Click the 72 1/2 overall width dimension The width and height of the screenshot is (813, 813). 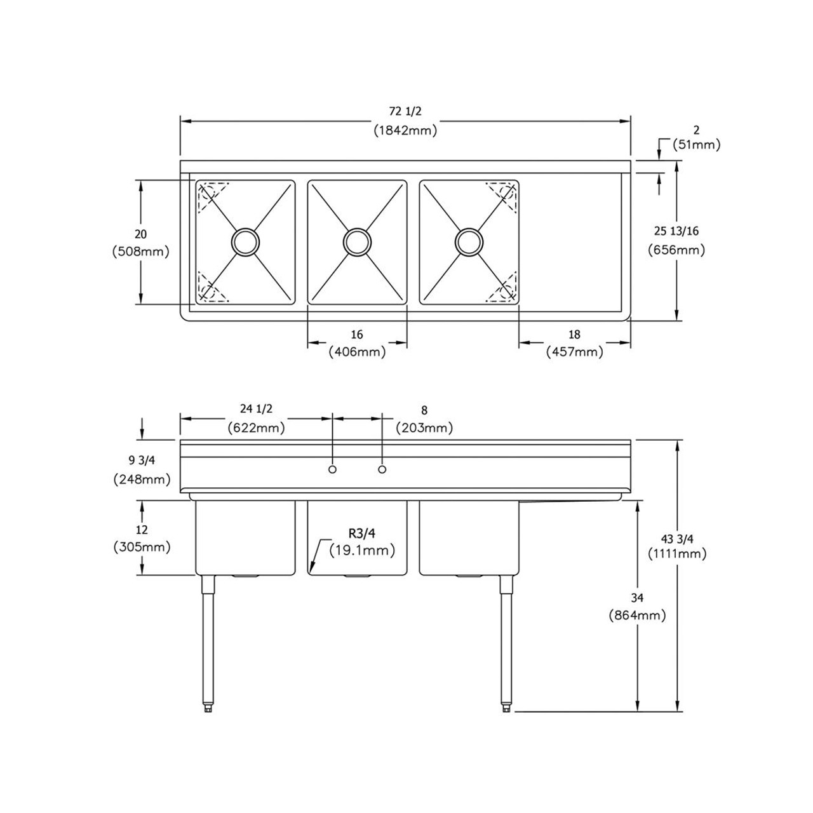click(405, 112)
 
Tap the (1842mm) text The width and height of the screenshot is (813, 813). click(405, 131)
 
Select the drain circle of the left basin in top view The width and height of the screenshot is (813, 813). click(245, 241)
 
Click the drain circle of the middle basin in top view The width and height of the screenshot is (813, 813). click(357, 241)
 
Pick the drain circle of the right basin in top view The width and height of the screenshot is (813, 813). click(469, 241)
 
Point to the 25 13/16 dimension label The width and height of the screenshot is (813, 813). click(676, 231)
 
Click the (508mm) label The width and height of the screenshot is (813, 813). click(140, 252)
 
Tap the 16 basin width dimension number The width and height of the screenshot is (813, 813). click(357, 335)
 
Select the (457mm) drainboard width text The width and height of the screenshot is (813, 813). click(574, 352)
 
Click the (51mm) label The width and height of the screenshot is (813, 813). click(696, 145)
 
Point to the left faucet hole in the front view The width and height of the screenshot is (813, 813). click(332, 469)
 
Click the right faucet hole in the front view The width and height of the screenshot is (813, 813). click(382, 469)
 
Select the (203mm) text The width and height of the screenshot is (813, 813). click(424, 428)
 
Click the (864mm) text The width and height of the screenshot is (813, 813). click(637, 615)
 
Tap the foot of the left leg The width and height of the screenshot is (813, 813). click(207, 707)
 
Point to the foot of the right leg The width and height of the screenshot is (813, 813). click(506, 707)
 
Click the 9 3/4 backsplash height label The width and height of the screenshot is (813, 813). click(140, 461)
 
